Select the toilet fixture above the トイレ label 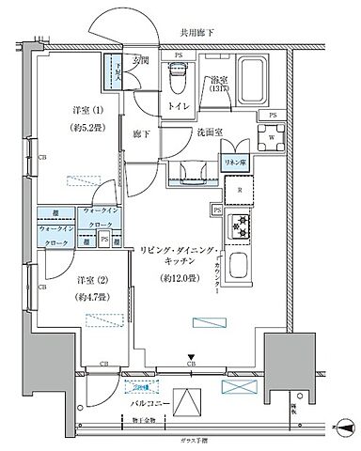tap(177, 82)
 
